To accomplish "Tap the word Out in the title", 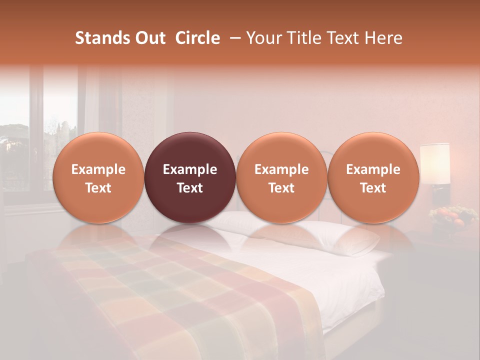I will coord(149,38).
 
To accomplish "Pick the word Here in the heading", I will coord(383,38).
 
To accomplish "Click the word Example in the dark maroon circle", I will coord(190,169).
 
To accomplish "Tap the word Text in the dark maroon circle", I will coord(190,188).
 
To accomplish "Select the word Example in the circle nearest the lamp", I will coord(373,169).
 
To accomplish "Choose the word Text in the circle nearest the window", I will coord(98,188).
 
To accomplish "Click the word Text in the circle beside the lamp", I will coord(373,188).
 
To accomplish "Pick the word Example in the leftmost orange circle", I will coord(98,169).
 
